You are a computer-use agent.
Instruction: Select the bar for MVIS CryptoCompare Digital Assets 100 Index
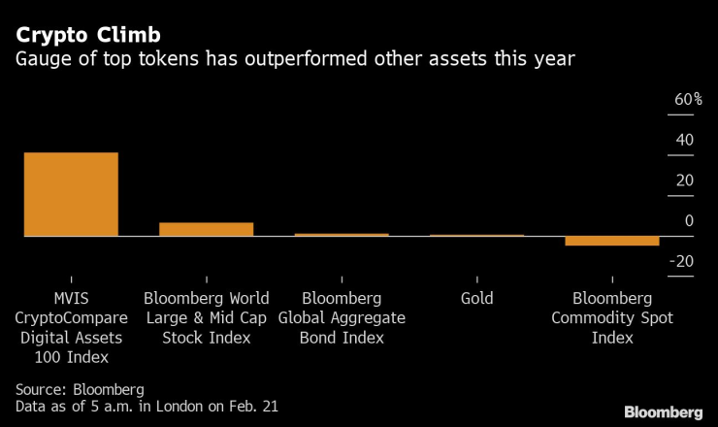coord(71,194)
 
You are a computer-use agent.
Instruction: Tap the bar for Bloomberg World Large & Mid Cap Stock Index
coord(206,229)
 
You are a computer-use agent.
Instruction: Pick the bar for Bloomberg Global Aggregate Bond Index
coord(342,235)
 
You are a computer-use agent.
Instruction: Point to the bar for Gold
coord(476,236)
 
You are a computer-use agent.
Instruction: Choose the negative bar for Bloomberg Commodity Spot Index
coord(611,241)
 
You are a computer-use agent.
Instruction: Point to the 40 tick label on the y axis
coord(684,141)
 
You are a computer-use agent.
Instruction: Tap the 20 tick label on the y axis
coord(684,181)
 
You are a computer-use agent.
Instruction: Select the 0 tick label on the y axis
coord(689,221)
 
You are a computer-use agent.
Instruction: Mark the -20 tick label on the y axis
coord(681,261)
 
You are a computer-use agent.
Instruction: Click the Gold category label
coord(476,299)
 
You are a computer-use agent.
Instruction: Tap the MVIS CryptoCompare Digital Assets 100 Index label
coord(69,327)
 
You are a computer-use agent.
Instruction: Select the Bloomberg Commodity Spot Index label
coord(611,317)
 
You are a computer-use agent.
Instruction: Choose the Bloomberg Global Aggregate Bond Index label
coord(342,317)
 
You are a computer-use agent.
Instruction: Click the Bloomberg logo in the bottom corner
coord(664,410)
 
